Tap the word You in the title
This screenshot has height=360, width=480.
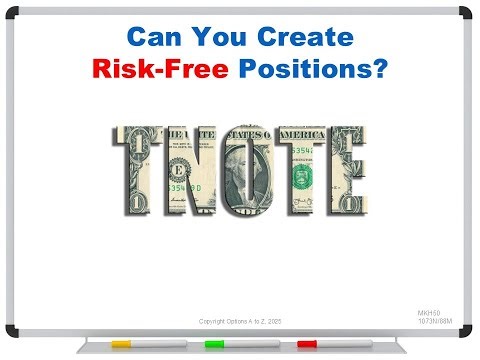[217, 39]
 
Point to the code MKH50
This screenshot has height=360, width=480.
[428, 313]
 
